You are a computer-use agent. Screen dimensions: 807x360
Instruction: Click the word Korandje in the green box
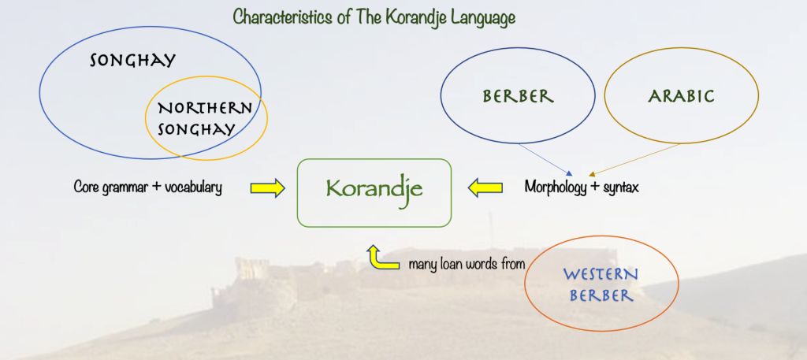[374, 189]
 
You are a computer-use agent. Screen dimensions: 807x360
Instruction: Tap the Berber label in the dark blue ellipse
[518, 96]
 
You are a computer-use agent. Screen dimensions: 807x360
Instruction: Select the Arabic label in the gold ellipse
[681, 96]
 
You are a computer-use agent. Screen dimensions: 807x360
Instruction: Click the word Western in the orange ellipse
[601, 274]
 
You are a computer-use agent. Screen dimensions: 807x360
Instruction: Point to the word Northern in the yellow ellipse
[205, 109]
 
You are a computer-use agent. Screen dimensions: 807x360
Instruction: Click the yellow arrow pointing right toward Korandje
[268, 188]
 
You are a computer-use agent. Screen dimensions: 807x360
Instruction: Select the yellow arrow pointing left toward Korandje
[485, 187]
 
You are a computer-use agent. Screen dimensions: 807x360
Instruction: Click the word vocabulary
[194, 187]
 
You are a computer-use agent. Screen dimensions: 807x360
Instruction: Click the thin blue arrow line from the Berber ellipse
[545, 159]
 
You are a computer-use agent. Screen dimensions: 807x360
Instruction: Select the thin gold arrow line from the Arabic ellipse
[634, 160]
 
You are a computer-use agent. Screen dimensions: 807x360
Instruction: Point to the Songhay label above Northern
[132, 61]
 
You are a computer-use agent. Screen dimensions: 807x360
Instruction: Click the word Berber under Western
[601, 295]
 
